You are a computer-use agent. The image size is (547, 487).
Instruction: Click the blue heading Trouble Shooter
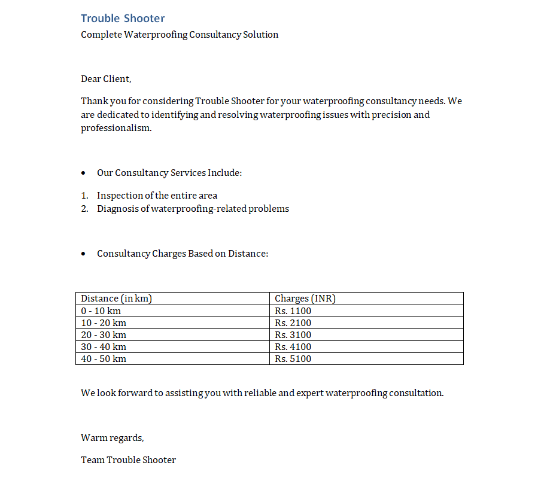[x=123, y=19]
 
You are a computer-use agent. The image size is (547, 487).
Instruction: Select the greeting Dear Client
[x=106, y=79]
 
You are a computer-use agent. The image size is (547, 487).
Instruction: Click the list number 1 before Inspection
[x=84, y=196]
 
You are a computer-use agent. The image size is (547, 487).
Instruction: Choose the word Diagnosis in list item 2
[x=118, y=209]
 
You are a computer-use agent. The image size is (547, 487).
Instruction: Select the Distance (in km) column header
[x=116, y=299]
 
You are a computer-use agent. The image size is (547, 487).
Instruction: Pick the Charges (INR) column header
[x=305, y=299]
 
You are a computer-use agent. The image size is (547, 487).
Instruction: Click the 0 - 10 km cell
[x=101, y=311]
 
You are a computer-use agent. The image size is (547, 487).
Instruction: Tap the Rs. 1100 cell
[x=293, y=311]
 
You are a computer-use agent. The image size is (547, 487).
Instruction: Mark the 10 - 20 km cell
[x=104, y=323]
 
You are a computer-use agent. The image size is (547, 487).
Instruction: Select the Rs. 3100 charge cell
[x=293, y=335]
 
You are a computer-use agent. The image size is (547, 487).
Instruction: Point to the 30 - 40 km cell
[x=104, y=347]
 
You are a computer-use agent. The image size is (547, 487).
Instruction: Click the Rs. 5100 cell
[x=293, y=359]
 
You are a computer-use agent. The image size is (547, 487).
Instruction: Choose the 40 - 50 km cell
[x=104, y=359]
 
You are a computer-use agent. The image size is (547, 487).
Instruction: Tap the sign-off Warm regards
[x=112, y=438]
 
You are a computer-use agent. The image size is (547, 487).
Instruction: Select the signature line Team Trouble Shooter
[x=128, y=460]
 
